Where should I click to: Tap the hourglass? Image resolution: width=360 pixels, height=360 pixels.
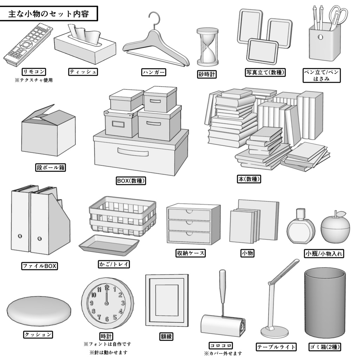pos(207,47)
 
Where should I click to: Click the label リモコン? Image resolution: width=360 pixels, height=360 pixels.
pos(33,72)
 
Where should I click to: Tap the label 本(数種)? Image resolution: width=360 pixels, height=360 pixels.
pos(249,179)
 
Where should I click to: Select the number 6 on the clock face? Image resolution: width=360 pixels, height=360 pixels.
pos(107,319)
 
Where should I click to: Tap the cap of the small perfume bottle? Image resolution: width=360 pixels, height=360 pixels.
pos(300,213)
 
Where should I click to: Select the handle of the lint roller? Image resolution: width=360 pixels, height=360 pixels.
pos(223,287)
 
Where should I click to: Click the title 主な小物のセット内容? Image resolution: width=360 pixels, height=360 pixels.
pos(48,14)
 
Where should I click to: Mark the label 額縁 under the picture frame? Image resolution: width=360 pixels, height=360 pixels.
pos(166,336)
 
